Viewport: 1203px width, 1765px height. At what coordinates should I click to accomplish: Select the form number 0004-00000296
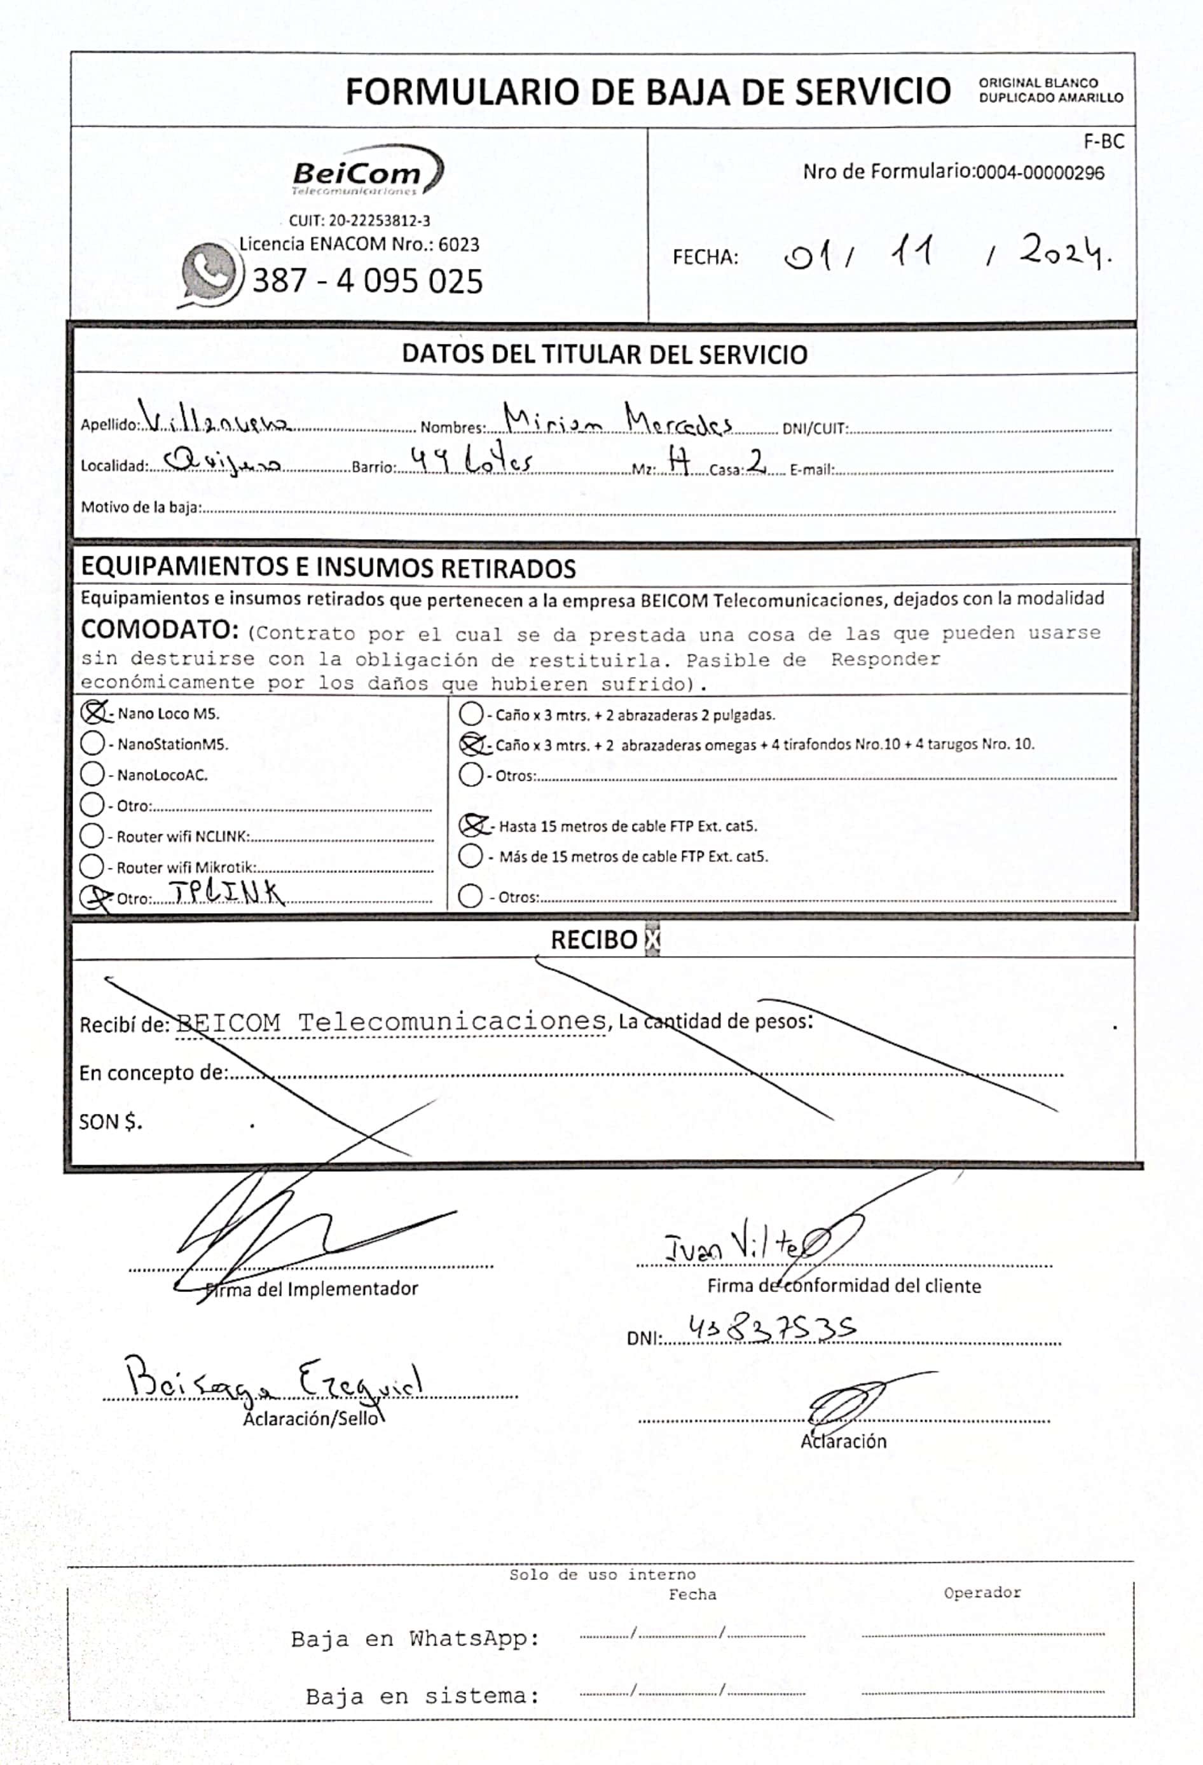pos(1039,172)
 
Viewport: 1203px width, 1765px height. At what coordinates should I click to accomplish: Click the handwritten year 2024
pos(1064,251)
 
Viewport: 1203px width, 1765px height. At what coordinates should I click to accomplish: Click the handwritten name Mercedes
pos(678,421)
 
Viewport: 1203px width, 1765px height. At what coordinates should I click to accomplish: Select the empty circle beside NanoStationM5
pos(92,743)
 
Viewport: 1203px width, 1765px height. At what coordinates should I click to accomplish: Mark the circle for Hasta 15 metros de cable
pos(472,825)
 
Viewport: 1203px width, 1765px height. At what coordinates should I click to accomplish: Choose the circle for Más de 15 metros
pos(471,856)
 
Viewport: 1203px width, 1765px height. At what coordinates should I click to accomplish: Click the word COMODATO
pos(160,629)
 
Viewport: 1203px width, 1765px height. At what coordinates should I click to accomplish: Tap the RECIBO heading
pos(594,940)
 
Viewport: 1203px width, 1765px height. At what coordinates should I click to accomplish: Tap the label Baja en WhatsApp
pos(415,1639)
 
